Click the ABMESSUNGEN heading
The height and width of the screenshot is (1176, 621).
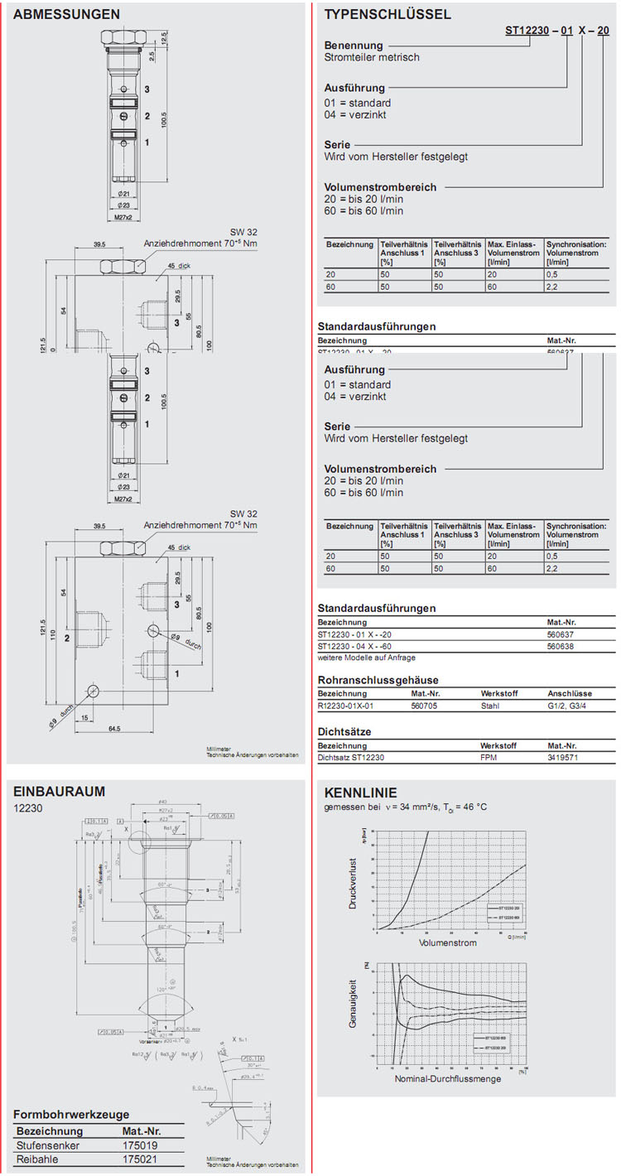[66, 14]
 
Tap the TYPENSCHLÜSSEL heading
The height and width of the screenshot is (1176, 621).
[388, 14]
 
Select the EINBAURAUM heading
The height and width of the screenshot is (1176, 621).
[60, 791]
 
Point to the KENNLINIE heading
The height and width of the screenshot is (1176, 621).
[360, 792]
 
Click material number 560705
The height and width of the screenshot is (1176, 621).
[426, 706]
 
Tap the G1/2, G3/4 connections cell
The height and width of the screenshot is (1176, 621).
[570, 706]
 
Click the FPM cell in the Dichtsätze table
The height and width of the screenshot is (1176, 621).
[489, 757]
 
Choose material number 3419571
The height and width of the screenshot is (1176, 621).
[564, 757]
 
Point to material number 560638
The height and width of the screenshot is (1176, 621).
[562, 646]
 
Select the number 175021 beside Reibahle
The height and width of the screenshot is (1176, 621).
[139, 1160]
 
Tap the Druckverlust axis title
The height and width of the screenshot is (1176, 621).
[353, 884]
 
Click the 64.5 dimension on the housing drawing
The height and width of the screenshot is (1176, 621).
[114, 728]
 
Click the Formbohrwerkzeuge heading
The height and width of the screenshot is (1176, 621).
[71, 1114]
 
